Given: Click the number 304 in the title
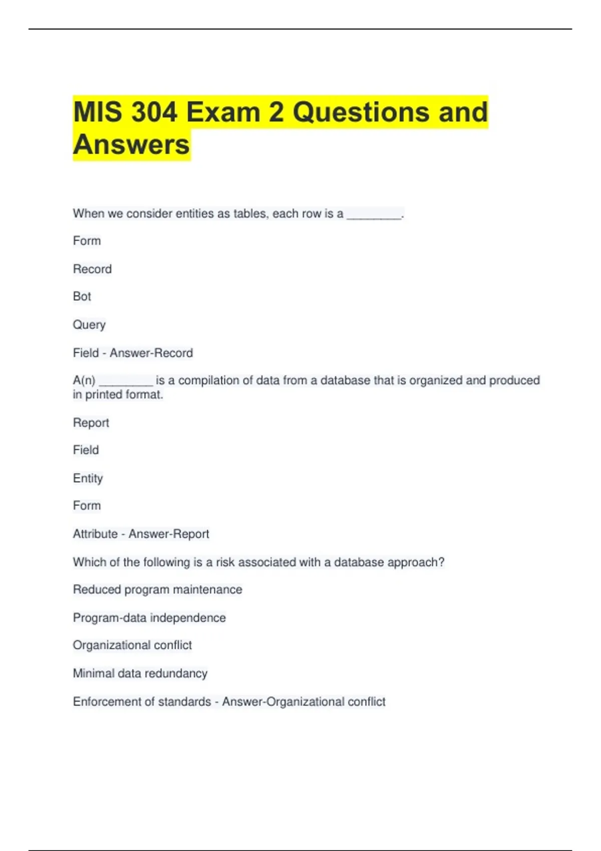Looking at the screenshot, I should tap(154, 112).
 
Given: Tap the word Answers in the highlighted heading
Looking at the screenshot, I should tap(131, 145).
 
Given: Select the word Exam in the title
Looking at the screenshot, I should tap(223, 112).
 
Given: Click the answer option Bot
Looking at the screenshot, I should tap(82, 296).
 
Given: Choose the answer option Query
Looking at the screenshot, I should tap(89, 325).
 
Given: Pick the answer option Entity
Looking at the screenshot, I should tap(88, 479).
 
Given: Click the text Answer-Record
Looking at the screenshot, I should tap(151, 353).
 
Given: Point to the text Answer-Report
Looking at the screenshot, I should tap(169, 534).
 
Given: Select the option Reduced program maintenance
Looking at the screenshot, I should tap(157, 590).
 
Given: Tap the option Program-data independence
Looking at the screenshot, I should tap(149, 618).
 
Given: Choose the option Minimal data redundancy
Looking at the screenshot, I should tap(140, 673).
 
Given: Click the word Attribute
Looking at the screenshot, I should tap(95, 534).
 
